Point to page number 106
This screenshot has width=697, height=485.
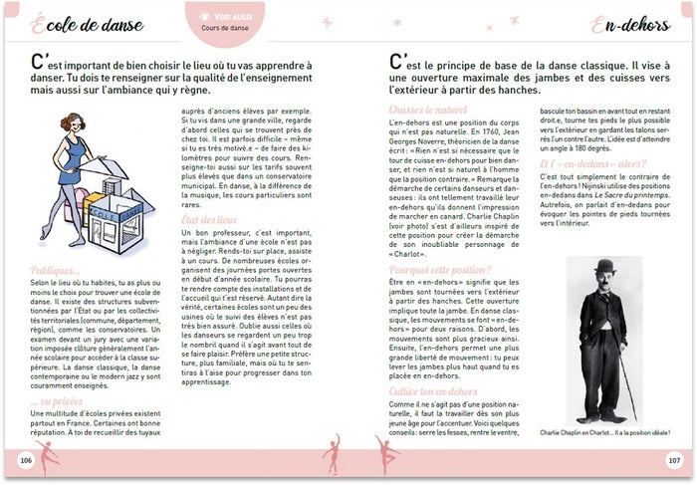27,461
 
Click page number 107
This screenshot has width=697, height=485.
673,461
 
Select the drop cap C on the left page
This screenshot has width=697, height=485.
37,65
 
